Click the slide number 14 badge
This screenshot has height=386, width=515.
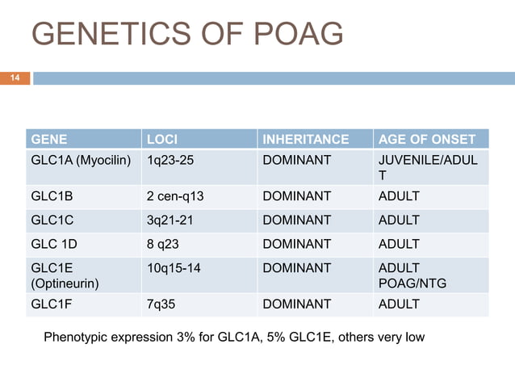(15, 78)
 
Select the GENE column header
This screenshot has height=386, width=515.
(49, 139)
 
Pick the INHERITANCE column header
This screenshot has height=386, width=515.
(306, 139)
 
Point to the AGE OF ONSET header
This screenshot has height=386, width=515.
(427, 139)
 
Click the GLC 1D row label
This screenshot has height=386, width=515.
(55, 244)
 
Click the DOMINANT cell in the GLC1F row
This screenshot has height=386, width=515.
(297, 304)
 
